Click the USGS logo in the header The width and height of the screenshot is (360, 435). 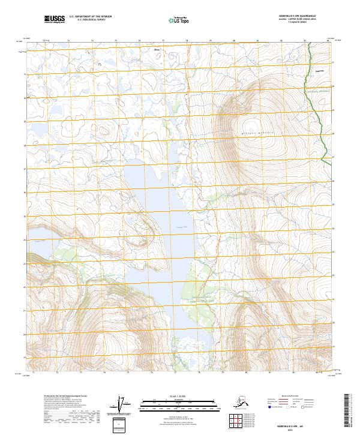coord(55,19)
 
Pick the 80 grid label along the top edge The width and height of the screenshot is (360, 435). coord(233,41)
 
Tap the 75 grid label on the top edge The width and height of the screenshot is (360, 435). coord(116,41)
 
